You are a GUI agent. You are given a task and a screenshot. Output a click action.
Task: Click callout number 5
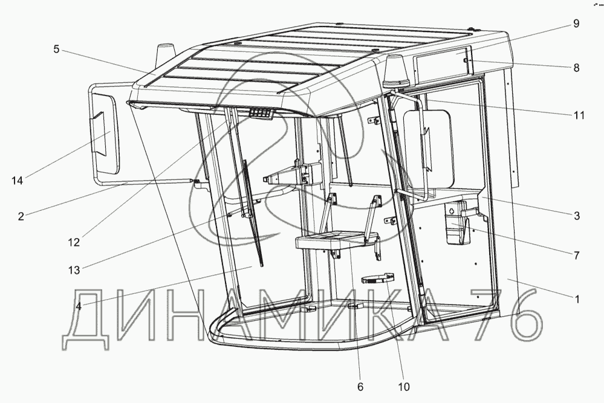pos(56,50)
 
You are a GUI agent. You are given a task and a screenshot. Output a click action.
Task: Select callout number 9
pos(576,24)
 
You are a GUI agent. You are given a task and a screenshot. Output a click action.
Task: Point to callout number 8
pos(576,68)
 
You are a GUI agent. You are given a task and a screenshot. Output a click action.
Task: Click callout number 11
pos(579,114)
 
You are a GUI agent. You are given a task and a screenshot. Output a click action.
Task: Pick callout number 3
pos(576,215)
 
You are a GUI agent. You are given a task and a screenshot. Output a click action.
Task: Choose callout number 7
pos(576,255)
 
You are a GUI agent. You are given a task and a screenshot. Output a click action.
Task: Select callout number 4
pos(80,305)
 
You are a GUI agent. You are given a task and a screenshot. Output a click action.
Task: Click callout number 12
pos(73,242)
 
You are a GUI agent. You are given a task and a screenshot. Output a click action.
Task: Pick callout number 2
pos(21,216)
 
